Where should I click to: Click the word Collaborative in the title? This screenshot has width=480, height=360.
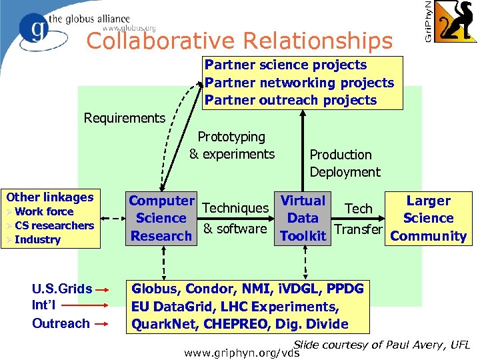(x=161, y=41)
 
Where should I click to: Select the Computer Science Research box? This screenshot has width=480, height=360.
(x=161, y=218)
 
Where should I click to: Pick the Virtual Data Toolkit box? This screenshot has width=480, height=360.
(x=303, y=218)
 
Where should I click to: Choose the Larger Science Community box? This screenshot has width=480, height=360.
(x=428, y=218)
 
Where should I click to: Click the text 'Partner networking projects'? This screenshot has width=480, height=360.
(x=299, y=83)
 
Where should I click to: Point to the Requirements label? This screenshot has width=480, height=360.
(x=125, y=118)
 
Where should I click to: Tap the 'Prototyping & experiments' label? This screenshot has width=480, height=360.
(x=232, y=145)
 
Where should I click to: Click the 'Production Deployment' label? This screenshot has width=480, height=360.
(x=344, y=163)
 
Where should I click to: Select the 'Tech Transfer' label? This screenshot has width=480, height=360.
(x=358, y=219)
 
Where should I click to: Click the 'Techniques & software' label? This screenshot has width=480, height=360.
(x=235, y=219)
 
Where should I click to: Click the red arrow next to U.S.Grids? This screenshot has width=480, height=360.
(x=102, y=291)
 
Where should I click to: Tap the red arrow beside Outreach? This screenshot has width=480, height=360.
(x=102, y=324)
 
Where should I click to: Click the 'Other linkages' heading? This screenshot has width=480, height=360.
(x=50, y=197)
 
